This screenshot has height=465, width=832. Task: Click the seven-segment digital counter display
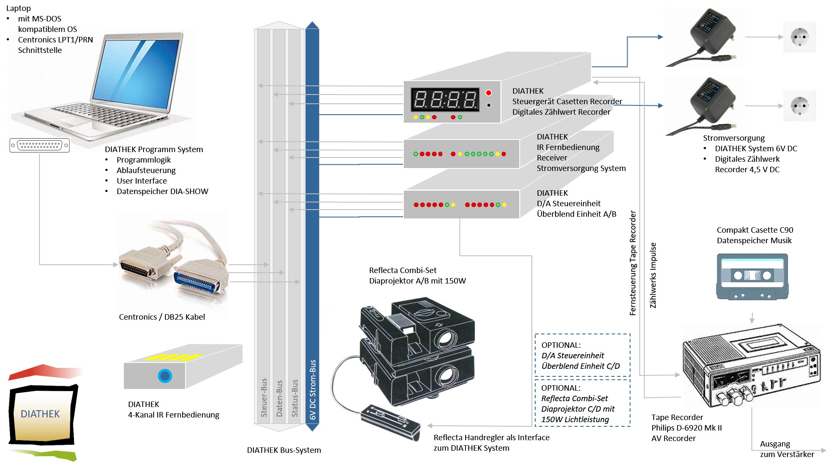[445, 100]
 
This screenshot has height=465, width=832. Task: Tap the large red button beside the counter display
[489, 93]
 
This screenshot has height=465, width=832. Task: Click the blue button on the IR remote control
[165, 376]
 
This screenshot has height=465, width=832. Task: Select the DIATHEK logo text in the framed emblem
[40, 414]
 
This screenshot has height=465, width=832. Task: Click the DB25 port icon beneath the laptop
[39, 145]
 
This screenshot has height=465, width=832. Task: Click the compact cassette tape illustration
[752, 276]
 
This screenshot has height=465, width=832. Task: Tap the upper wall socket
[800, 37]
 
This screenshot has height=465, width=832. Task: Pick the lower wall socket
[800, 106]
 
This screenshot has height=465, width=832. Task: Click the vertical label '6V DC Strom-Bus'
[313, 389]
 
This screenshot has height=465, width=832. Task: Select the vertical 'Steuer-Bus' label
[264, 398]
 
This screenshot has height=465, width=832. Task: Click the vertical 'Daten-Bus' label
[280, 399]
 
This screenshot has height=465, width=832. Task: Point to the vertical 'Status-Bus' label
[295, 398]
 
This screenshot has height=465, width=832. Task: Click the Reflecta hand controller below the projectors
[390, 423]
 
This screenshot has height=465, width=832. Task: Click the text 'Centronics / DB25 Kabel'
[162, 317]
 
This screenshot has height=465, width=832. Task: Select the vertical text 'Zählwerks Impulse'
[653, 275]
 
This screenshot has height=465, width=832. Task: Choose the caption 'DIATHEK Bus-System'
[284, 450]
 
